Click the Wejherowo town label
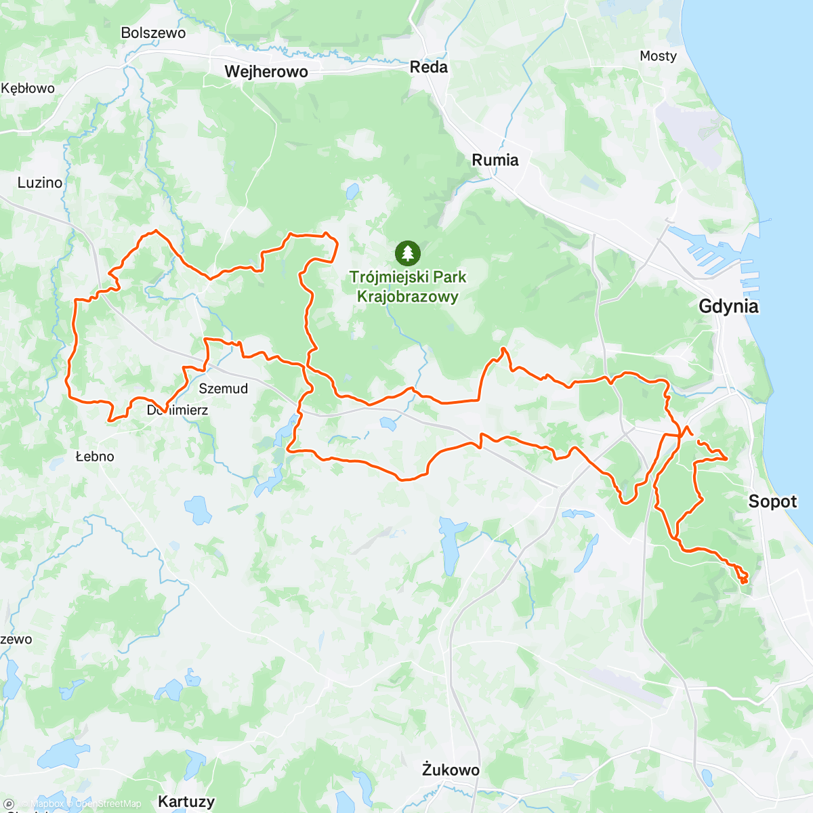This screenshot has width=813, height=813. pos(266,72)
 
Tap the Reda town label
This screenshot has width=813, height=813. pos(428,67)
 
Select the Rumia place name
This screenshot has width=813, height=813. pos(495,160)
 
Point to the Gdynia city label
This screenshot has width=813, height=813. pos(728,306)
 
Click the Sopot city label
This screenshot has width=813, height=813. pos(772,501)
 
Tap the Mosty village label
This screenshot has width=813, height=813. pos(658,56)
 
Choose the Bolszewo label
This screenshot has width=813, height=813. pos(153,33)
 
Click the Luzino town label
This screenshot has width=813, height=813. pos(40,182)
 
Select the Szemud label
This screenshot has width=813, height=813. pos(223,388)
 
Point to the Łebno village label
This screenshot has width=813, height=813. pos(95,457)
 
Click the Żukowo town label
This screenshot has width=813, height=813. pos(451,770)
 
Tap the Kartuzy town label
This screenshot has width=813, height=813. pos(186,801)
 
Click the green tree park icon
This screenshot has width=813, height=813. pos(407,253)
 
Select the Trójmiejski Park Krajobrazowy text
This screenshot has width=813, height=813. pos(408,287)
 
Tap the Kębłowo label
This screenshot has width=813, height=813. pos(28,88)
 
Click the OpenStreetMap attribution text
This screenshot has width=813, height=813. pos(108,804)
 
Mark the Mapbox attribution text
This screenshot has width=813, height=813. pos(46,804)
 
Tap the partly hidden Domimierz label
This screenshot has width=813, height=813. pos(178,410)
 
